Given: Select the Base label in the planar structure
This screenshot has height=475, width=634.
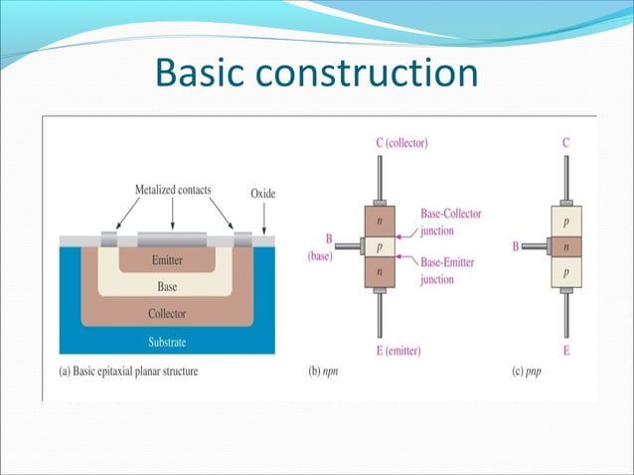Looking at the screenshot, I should pyautogui.click(x=167, y=286).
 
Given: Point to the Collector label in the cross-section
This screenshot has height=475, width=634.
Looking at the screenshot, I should pyautogui.click(x=166, y=314).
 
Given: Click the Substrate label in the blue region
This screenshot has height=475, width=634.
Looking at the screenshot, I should pyautogui.click(x=166, y=342).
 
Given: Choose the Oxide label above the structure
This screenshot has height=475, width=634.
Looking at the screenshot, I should pyautogui.click(x=263, y=193).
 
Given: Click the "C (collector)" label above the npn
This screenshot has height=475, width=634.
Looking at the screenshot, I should pyautogui.click(x=401, y=143).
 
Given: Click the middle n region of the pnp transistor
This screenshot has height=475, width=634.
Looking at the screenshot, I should pyautogui.click(x=566, y=244).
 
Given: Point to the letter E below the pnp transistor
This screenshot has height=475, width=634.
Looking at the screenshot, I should pyautogui.click(x=565, y=351).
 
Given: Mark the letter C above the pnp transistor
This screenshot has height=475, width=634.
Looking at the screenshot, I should pyautogui.click(x=565, y=143).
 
